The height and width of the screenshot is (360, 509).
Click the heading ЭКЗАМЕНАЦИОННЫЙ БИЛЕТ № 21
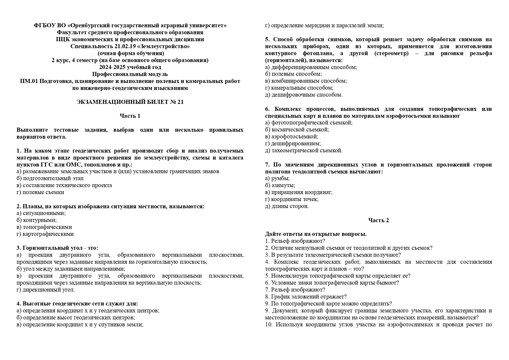[x=130, y=102]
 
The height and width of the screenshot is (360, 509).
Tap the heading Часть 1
[x=130, y=116]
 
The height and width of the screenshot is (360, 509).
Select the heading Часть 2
[x=378, y=220]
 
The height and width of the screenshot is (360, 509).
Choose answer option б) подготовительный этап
[x=50, y=178]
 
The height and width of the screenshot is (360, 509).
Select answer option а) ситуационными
[x=41, y=213]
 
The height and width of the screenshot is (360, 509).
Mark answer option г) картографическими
[x=45, y=234]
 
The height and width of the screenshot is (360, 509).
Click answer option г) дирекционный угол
[x=46, y=290]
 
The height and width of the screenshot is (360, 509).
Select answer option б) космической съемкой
[x=297, y=130]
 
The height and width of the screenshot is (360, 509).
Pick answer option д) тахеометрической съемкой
[x=304, y=151]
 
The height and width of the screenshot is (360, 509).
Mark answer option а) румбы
[x=277, y=178]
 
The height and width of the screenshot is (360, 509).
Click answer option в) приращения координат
[x=299, y=192]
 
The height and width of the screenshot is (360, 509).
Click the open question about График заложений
[x=306, y=297]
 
